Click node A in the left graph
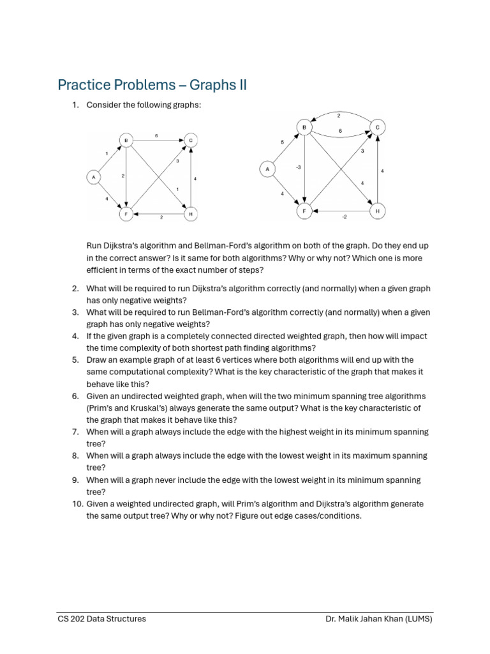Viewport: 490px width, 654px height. pos(94,177)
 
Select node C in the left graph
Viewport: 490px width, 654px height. pos(189,140)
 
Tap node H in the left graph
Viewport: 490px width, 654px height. pos(189,214)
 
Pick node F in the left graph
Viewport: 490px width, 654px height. pos(126,215)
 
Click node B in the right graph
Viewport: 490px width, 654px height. pos(305,128)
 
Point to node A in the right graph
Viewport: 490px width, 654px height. pos(267,169)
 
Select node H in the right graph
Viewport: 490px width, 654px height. pos(378,211)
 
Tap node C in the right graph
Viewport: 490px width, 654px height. pos(378,128)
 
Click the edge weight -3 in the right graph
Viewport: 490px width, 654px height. pos(298,167)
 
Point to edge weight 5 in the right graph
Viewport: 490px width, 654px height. pos(282,141)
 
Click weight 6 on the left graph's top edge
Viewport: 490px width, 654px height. pos(157,135)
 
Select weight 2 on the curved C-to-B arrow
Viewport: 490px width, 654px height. pos(339,116)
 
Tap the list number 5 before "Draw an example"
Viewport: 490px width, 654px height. pos(75,360)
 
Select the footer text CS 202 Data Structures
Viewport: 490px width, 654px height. pos(101,619)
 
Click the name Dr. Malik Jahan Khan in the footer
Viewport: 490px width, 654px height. pos(365,619)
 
